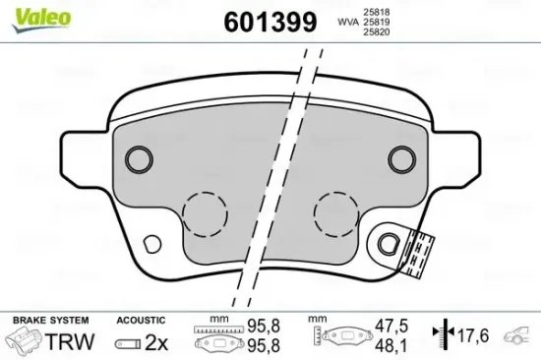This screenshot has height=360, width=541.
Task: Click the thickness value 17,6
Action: [471, 334]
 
